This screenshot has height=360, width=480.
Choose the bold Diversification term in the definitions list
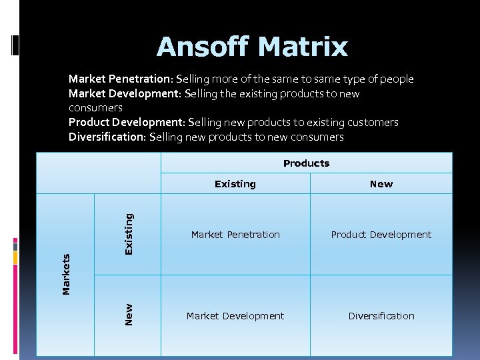[107, 137]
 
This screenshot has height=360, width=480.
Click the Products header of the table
[306, 163]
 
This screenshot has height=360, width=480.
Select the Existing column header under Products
[235, 184]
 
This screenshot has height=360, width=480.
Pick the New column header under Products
[381, 184]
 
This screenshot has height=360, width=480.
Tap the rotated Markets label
[67, 274]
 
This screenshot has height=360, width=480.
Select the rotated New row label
[129, 315]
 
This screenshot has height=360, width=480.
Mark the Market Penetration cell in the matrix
[235, 235]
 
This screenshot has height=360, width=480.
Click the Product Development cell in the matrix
[381, 235]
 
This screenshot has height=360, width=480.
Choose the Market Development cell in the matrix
[235, 316]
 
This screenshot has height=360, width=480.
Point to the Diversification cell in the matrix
[381, 316]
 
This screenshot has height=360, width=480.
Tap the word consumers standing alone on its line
[95, 108]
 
